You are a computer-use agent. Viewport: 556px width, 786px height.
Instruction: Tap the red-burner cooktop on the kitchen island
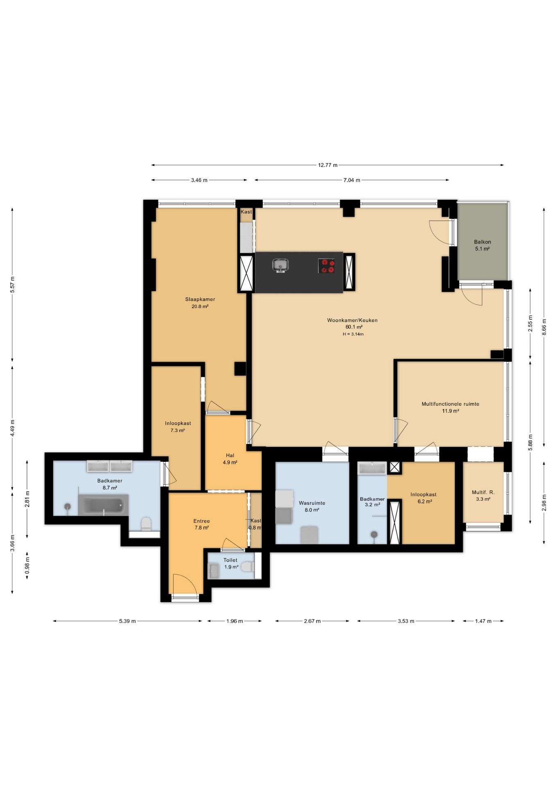point(326,266)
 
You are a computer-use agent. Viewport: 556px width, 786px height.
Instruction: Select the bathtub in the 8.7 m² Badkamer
point(103,505)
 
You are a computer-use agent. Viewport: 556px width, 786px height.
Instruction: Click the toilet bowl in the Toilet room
point(247,567)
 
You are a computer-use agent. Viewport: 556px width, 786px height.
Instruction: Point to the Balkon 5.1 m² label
point(482,245)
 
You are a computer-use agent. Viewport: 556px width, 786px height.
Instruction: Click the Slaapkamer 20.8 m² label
point(200,303)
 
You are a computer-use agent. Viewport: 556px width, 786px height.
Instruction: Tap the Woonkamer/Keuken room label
point(352,320)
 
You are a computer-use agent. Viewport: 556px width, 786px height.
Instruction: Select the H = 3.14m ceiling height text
point(353,334)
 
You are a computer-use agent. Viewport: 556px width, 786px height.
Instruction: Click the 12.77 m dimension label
point(328,165)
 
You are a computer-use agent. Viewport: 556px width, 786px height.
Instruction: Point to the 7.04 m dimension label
point(352,180)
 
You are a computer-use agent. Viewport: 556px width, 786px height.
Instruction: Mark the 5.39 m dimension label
point(127,621)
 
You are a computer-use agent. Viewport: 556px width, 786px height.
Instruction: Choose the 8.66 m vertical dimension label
point(544,326)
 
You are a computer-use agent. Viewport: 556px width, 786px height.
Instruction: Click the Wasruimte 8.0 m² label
point(312,506)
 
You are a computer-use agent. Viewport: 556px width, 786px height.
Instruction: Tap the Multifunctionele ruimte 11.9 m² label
point(450,407)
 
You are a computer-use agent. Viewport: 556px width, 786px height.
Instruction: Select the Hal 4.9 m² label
point(230,458)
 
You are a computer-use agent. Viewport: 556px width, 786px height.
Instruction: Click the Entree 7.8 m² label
point(201,524)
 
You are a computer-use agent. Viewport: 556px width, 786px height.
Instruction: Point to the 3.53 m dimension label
point(406,621)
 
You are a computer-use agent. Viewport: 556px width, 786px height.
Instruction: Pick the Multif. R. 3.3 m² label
point(483,496)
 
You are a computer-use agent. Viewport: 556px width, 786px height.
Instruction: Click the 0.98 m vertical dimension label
point(27,565)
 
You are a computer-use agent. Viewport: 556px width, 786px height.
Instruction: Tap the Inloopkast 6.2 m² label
point(424,498)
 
